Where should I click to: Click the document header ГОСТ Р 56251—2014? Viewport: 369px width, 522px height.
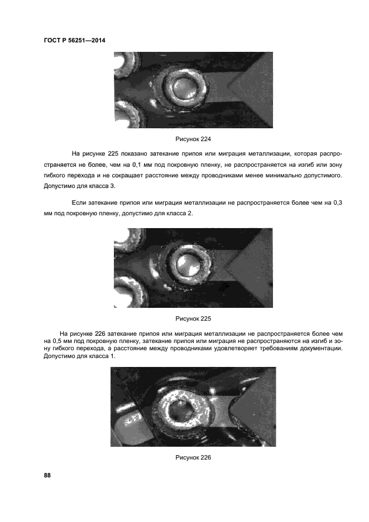click(74, 41)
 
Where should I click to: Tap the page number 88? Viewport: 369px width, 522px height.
click(47, 475)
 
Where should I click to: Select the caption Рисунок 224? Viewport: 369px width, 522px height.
click(193, 139)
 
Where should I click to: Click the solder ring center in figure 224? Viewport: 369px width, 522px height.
click(183, 88)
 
